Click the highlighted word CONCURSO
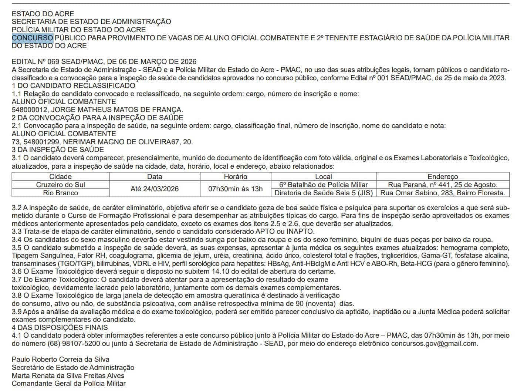33,38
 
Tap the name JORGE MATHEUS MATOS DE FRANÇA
117,110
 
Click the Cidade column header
60,177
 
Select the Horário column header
235,177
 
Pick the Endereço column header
442,177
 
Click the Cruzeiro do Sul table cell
60,185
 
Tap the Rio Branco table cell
60,193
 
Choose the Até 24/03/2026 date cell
154,189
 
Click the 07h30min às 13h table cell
235,189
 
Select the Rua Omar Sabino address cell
442,193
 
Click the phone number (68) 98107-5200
71,344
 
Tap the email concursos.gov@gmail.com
434,344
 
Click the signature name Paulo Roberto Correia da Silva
60,360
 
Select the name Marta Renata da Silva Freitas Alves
68,375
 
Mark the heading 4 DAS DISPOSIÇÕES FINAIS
60,328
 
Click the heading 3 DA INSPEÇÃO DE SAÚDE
58,150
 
